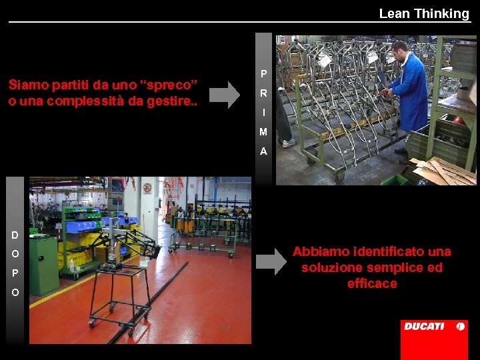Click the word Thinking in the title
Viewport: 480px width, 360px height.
pos(441,13)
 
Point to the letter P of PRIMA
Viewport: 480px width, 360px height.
pos(263,73)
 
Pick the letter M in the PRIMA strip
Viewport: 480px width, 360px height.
pos(263,132)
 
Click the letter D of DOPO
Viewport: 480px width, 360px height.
pos(15,235)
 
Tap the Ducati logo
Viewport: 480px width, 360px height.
pos(434,327)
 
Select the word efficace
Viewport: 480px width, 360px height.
pos(372,283)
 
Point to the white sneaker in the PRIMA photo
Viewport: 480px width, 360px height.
pos(289,143)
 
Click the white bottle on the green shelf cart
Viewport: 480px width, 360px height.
pos(72,265)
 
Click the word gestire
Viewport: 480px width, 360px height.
pos(174,101)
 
